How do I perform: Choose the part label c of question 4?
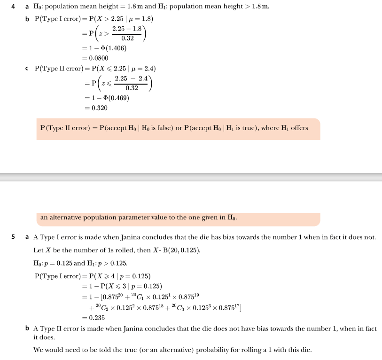pyautogui.click(x=27, y=69)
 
